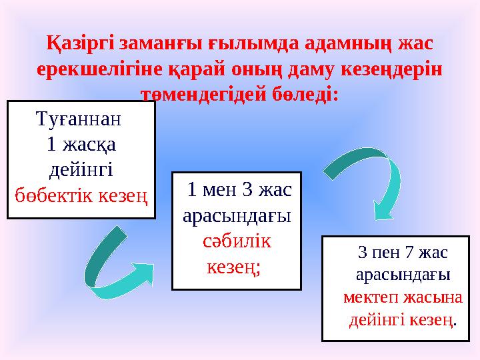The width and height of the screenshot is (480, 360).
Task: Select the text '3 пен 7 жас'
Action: (x=402, y=253)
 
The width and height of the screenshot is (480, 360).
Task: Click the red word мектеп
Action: (x=371, y=297)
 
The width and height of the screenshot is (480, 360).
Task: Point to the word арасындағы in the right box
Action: (x=402, y=275)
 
